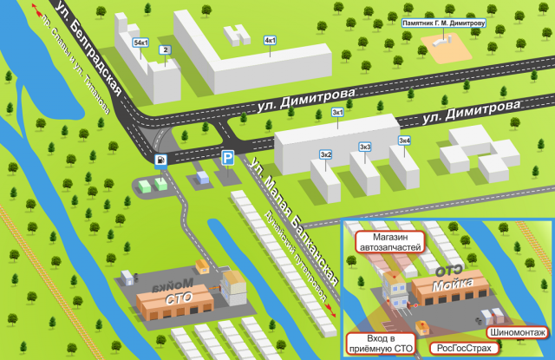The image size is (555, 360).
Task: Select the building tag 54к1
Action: pyautogui.click(x=140, y=42)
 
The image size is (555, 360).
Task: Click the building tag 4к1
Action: pyautogui.click(x=270, y=41)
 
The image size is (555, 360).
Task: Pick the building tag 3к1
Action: pyautogui.click(x=338, y=113)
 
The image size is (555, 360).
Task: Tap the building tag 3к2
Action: pyautogui.click(x=325, y=154)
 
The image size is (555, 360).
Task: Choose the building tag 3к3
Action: pyautogui.click(x=366, y=147)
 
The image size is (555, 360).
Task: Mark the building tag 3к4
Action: pyautogui.click(x=404, y=141)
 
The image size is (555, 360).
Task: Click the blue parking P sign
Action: pyautogui.click(x=227, y=158)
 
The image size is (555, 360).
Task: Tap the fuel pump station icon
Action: pyautogui.click(x=160, y=160)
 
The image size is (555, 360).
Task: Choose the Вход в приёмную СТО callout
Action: pyautogui.click(x=382, y=342)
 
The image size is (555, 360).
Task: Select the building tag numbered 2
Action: pyautogui.click(x=164, y=50)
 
